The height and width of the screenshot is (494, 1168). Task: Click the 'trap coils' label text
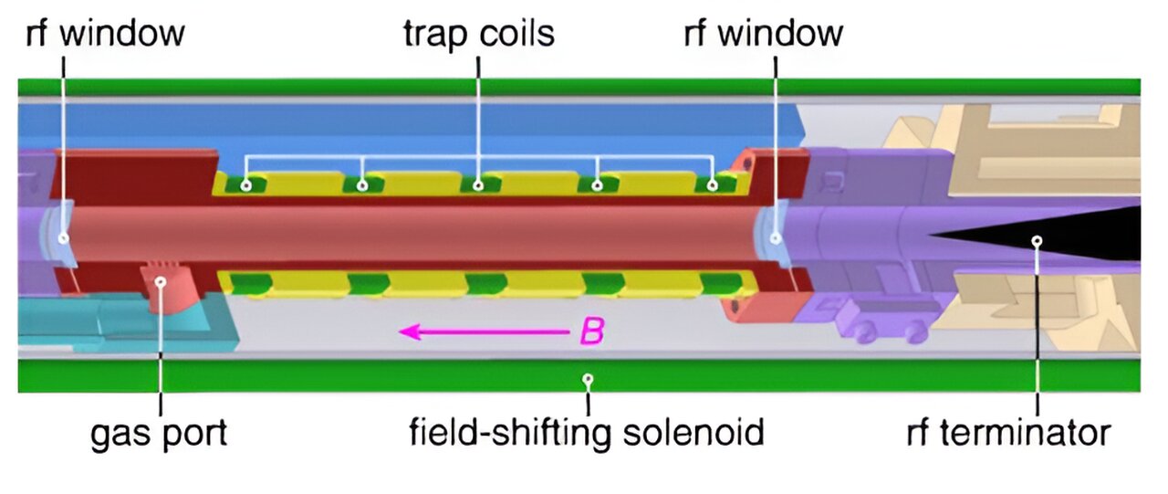click(479, 35)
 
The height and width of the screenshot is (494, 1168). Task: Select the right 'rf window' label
click(764, 35)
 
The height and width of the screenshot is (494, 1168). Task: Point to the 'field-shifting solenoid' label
click(586, 432)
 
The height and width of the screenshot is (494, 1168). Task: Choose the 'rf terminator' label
click(1009, 432)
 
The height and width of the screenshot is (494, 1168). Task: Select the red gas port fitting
click(162, 286)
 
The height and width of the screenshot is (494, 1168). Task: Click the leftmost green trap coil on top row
click(245, 184)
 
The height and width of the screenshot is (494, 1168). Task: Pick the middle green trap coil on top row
click(479, 184)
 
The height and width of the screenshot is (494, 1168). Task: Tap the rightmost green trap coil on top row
click(714, 184)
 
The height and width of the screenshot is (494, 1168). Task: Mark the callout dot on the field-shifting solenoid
click(589, 377)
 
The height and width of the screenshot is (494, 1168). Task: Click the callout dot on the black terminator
click(1037, 241)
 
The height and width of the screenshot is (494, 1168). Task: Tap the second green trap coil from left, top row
click(362, 184)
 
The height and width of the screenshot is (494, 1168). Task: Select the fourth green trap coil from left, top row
click(597, 184)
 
